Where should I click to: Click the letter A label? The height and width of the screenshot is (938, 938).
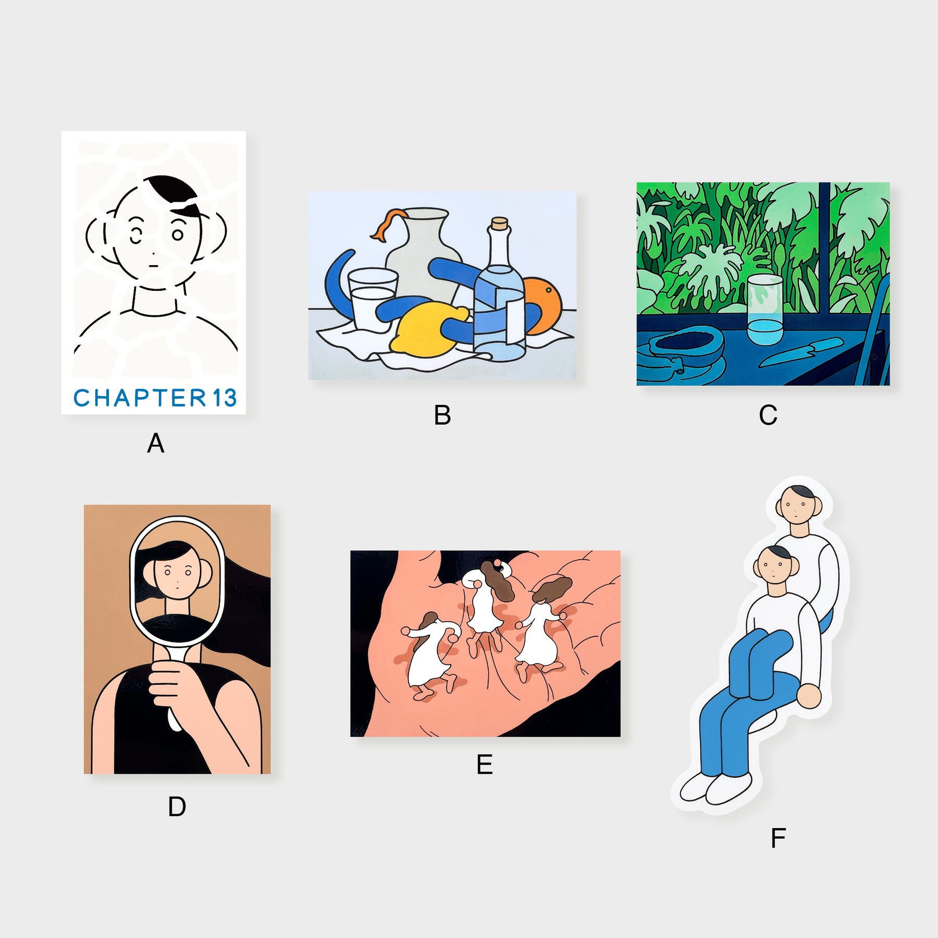click(x=155, y=443)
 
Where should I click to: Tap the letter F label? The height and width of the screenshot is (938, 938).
click(x=778, y=838)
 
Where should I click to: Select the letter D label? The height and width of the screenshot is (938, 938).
click(x=177, y=807)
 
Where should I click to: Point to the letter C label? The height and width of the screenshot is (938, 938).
click(x=768, y=415)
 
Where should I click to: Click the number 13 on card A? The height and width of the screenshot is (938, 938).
click(x=224, y=398)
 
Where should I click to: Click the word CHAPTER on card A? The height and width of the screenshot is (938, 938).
click(x=140, y=398)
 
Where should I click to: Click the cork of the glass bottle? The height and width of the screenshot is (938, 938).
click(x=500, y=224)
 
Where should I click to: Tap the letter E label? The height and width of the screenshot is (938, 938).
click(x=485, y=764)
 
